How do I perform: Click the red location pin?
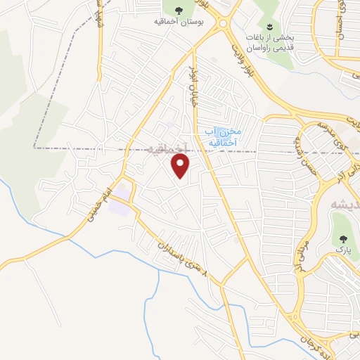pyautogui.click(x=181, y=166)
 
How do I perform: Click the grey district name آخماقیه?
pyautogui.click(x=169, y=148)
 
